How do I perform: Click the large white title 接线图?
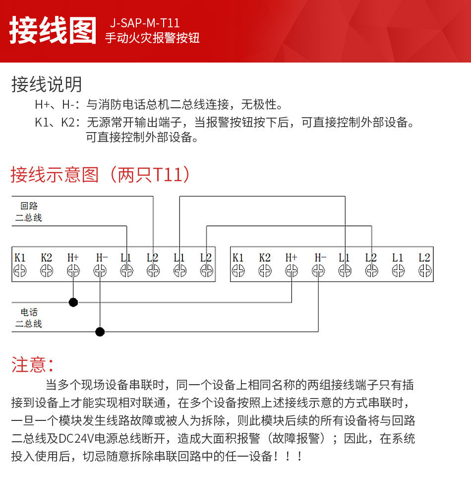[x=53, y=30]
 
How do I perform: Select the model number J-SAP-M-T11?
[x=145, y=23]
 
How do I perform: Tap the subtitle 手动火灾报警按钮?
[x=152, y=38]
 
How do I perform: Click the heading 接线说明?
[x=47, y=84]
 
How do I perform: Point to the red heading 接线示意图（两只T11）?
[x=100, y=174]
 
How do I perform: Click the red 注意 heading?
[x=32, y=364]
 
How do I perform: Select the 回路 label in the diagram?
[x=29, y=206]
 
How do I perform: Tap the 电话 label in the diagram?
[x=29, y=312]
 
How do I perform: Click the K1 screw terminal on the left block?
[x=20, y=271]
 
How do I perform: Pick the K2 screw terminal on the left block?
[x=47, y=271]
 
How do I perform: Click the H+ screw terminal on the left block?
[x=73, y=271]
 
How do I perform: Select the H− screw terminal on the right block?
[x=318, y=271]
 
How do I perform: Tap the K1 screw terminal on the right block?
[x=238, y=271]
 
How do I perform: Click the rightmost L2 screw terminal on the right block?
[x=425, y=271]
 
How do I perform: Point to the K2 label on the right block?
[x=265, y=258]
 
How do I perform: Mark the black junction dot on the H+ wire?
[x=73, y=302]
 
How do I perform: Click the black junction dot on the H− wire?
[x=100, y=332]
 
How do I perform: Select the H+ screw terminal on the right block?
[x=292, y=271]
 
